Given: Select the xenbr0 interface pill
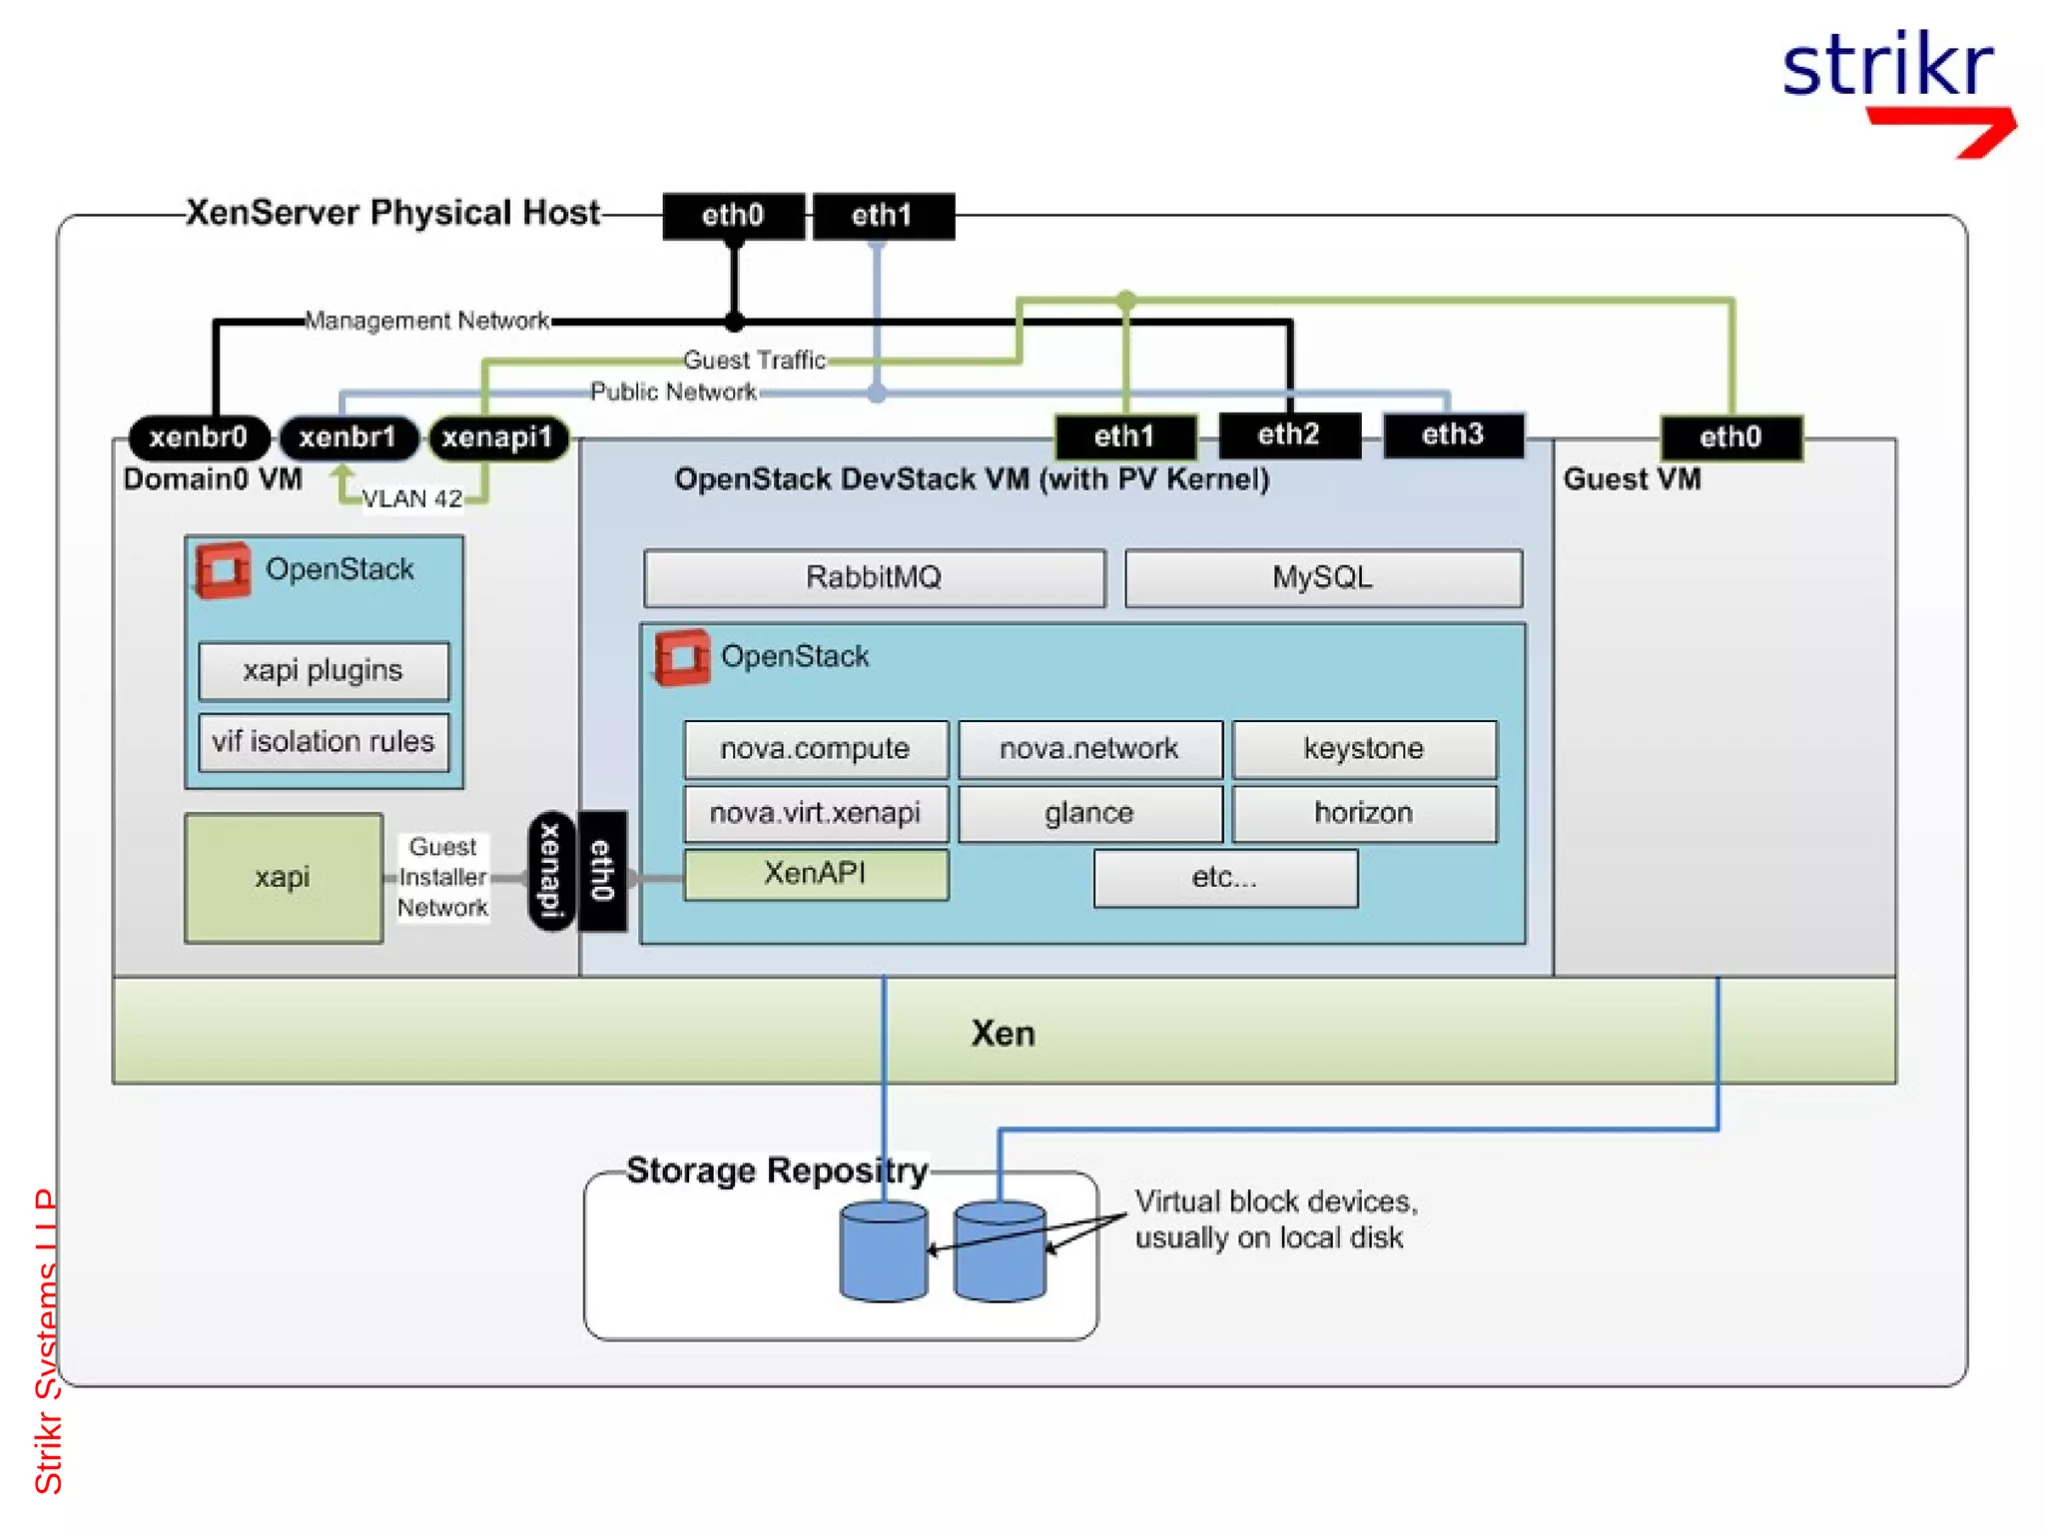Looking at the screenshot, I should [x=199, y=437].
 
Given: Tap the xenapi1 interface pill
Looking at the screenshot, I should [x=497, y=437].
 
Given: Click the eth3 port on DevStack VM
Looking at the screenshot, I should [x=1452, y=434].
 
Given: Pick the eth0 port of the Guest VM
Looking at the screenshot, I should [x=1730, y=436].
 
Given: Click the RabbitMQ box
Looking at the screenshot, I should [x=874, y=577].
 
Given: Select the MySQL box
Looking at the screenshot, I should [x=1322, y=577].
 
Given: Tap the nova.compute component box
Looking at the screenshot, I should [x=815, y=748].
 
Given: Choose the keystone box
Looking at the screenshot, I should [x=1363, y=748].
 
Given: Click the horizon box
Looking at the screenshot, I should [x=1363, y=813].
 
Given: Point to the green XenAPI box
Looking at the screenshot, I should [x=815, y=874].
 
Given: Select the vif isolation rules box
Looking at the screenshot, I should [x=324, y=741].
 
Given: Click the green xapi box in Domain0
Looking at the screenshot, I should [x=283, y=878].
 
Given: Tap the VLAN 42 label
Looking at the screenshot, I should [x=411, y=498].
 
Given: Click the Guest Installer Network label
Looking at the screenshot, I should [x=442, y=877].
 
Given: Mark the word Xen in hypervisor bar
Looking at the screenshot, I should [x=1003, y=1033].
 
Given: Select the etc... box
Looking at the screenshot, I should [x=1224, y=878].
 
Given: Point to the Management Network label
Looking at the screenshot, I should [x=426, y=321].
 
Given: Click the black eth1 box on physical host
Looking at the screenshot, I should [x=883, y=216].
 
